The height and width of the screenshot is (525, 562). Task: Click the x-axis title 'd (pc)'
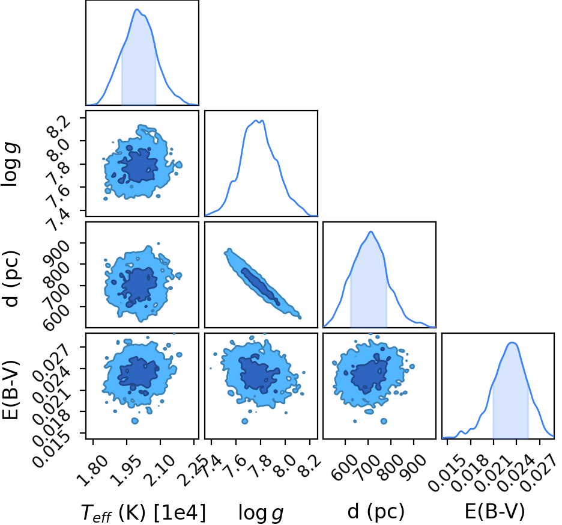[376, 511]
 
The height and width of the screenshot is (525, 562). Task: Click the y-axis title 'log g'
[10, 164]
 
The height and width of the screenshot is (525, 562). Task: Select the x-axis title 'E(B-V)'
[495, 511]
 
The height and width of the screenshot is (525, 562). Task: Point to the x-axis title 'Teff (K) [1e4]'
[144, 512]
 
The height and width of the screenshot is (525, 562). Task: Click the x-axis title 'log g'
[261, 513]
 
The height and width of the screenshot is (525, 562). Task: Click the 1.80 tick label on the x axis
[91, 470]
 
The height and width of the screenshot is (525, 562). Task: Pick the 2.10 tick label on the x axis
[160, 470]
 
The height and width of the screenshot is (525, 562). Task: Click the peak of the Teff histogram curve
[137, 10]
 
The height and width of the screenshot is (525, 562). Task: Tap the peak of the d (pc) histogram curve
[371, 232]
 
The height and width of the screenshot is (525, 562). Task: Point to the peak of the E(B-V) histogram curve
[512, 343]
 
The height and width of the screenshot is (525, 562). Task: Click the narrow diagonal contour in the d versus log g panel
[262, 283]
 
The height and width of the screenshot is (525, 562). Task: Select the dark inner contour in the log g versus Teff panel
[139, 166]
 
